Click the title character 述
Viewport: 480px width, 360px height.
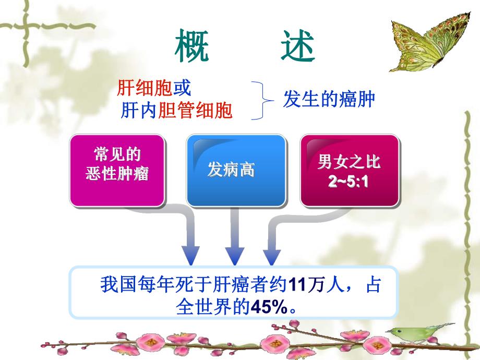tap(296, 46)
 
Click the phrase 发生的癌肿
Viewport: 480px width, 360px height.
tap(329, 99)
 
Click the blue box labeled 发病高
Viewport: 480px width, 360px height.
tap(236, 170)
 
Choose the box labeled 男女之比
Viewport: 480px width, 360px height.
tap(350, 162)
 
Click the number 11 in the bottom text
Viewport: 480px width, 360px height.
tap(296, 286)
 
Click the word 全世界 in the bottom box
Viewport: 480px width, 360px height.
tap(205, 307)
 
